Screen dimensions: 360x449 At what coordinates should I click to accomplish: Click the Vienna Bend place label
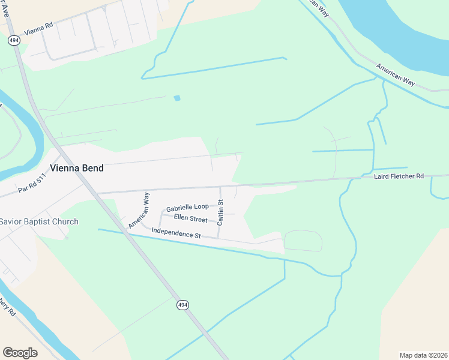[x=76, y=169]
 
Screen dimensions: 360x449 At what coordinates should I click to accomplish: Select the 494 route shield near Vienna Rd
[x=13, y=40]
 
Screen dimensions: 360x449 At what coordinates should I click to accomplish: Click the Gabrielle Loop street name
[x=187, y=207]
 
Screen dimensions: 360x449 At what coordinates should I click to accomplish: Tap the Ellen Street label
[x=190, y=218]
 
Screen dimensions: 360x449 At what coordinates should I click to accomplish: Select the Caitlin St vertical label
[x=220, y=212]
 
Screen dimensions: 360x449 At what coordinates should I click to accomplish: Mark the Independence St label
[x=176, y=233]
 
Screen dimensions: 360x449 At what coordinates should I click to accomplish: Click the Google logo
[x=20, y=353]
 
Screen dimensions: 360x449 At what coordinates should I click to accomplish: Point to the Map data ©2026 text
[x=423, y=355]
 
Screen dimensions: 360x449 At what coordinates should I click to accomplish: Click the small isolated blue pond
[x=176, y=98]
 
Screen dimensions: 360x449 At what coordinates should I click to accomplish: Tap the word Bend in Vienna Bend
[x=92, y=169]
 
